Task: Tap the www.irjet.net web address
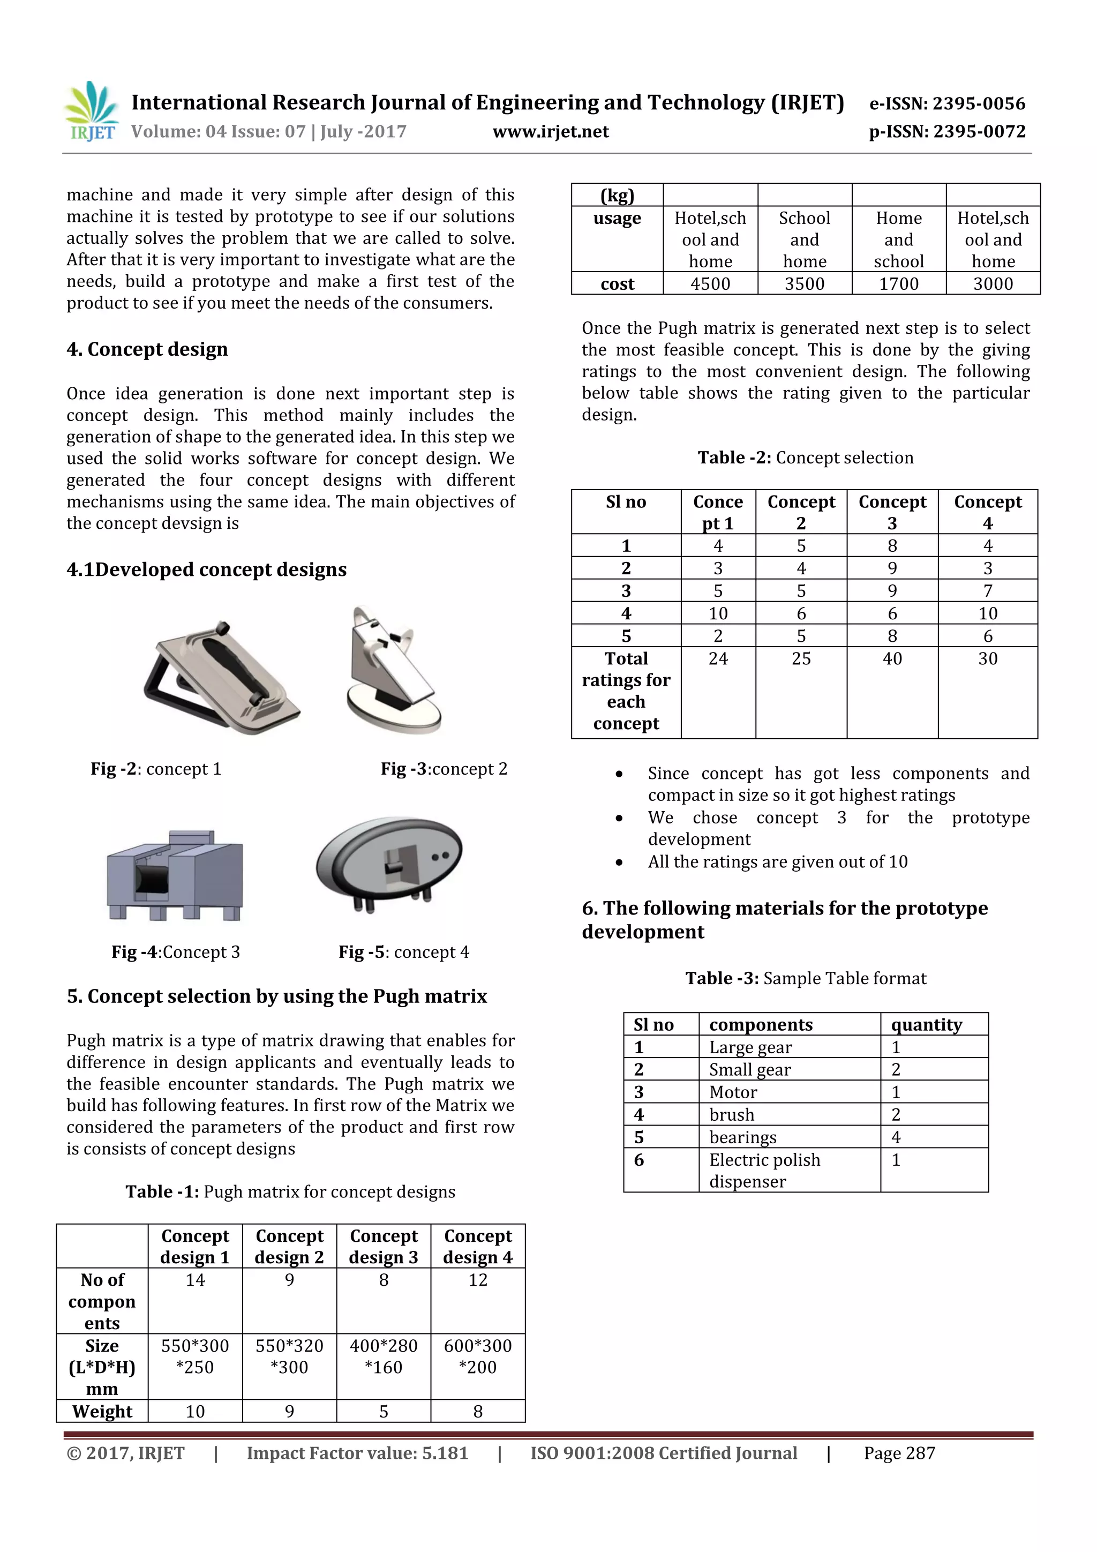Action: click(x=550, y=132)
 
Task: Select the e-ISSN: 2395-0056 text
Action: click(x=947, y=103)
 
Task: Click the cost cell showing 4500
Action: click(x=710, y=284)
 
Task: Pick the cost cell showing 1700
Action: click(x=898, y=284)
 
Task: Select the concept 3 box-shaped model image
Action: click(x=175, y=875)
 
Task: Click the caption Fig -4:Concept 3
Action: click(x=175, y=952)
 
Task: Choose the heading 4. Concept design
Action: click(x=147, y=349)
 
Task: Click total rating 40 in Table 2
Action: click(x=891, y=658)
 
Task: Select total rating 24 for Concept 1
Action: click(x=718, y=658)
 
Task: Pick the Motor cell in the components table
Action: click(x=733, y=1092)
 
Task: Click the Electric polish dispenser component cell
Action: click(x=764, y=1170)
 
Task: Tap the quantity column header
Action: click(x=926, y=1025)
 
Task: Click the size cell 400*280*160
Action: click(x=383, y=1356)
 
